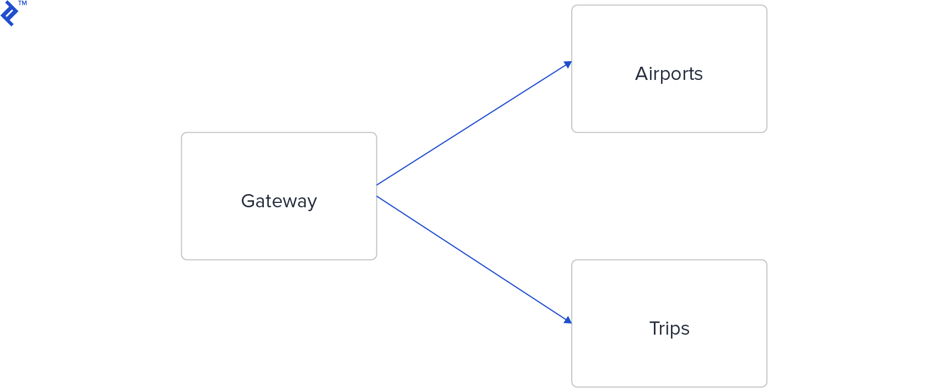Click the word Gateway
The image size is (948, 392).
coord(279,201)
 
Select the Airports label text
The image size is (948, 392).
coord(669,74)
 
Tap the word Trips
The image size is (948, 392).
coord(669,329)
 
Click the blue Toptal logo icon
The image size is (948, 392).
coord(9,14)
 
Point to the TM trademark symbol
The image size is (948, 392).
coord(23,3)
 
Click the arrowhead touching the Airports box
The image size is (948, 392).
coord(568,65)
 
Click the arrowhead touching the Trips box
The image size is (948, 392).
coord(568,320)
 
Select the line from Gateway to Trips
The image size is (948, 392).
coord(474,259)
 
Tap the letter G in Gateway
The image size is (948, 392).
coord(248,201)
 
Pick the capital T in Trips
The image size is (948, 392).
coord(655,328)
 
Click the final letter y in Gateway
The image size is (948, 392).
coord(312,203)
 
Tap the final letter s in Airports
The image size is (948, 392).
coord(698,75)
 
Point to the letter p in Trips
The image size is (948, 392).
coord(676,330)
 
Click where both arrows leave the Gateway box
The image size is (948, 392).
coord(377,190)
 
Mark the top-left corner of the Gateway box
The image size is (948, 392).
coord(182,133)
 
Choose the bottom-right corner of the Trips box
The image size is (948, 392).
coord(766,385)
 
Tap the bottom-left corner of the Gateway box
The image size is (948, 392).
coord(182,259)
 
